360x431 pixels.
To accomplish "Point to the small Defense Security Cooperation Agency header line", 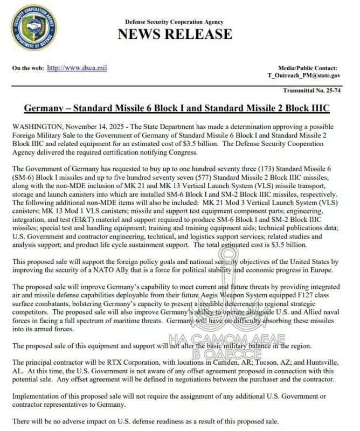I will (175, 22).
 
